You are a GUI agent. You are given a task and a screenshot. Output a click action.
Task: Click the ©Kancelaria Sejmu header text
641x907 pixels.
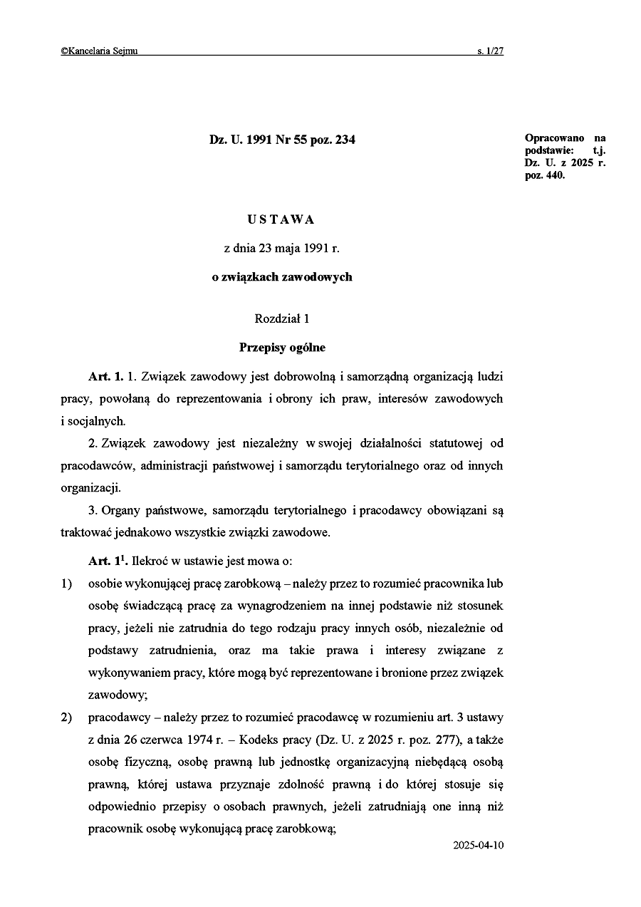[x=99, y=51]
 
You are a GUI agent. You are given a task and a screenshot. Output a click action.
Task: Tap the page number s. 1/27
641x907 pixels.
[x=491, y=51]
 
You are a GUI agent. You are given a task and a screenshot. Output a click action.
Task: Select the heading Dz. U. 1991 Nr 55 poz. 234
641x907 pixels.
[x=282, y=140]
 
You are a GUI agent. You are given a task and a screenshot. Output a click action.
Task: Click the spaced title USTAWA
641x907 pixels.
[x=281, y=220]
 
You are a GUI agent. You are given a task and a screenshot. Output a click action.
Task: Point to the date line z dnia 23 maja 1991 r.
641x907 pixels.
[x=282, y=249]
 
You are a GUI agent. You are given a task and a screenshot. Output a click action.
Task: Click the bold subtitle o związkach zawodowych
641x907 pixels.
[x=282, y=277]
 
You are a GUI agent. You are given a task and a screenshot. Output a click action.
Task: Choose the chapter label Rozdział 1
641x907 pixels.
[x=282, y=319]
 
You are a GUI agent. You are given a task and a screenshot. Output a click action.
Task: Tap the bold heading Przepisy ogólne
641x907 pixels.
[x=282, y=348]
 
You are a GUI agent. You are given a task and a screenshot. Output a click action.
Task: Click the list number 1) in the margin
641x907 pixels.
[x=66, y=585]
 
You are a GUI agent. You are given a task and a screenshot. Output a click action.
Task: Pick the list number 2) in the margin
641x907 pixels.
[x=66, y=717]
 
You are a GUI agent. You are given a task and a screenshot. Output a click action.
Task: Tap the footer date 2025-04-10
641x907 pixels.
[x=478, y=846]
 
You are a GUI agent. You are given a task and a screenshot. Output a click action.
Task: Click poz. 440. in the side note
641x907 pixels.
[x=545, y=176]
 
